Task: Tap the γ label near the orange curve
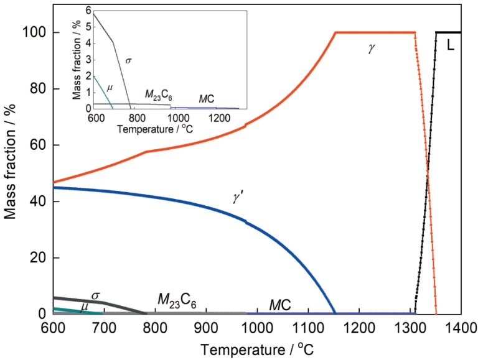[372, 48]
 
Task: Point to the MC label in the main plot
[279, 304]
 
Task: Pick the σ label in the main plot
[96, 295]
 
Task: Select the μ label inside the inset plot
[110, 87]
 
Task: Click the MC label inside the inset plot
[207, 98]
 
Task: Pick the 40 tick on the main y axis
[39, 201]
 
